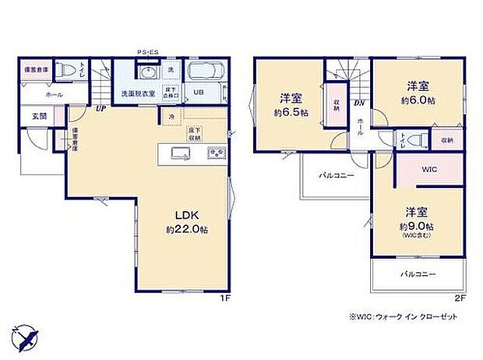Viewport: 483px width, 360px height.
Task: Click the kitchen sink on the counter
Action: point(175,152)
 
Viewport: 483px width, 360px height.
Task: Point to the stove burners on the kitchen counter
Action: point(215,153)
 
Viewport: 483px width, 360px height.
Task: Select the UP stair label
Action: point(100,109)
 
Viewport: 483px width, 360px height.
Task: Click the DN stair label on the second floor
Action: point(359,102)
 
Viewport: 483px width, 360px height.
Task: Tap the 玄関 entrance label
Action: point(39,117)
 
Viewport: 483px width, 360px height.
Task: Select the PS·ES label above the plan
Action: point(147,52)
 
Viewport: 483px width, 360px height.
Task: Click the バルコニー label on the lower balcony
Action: point(418,275)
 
